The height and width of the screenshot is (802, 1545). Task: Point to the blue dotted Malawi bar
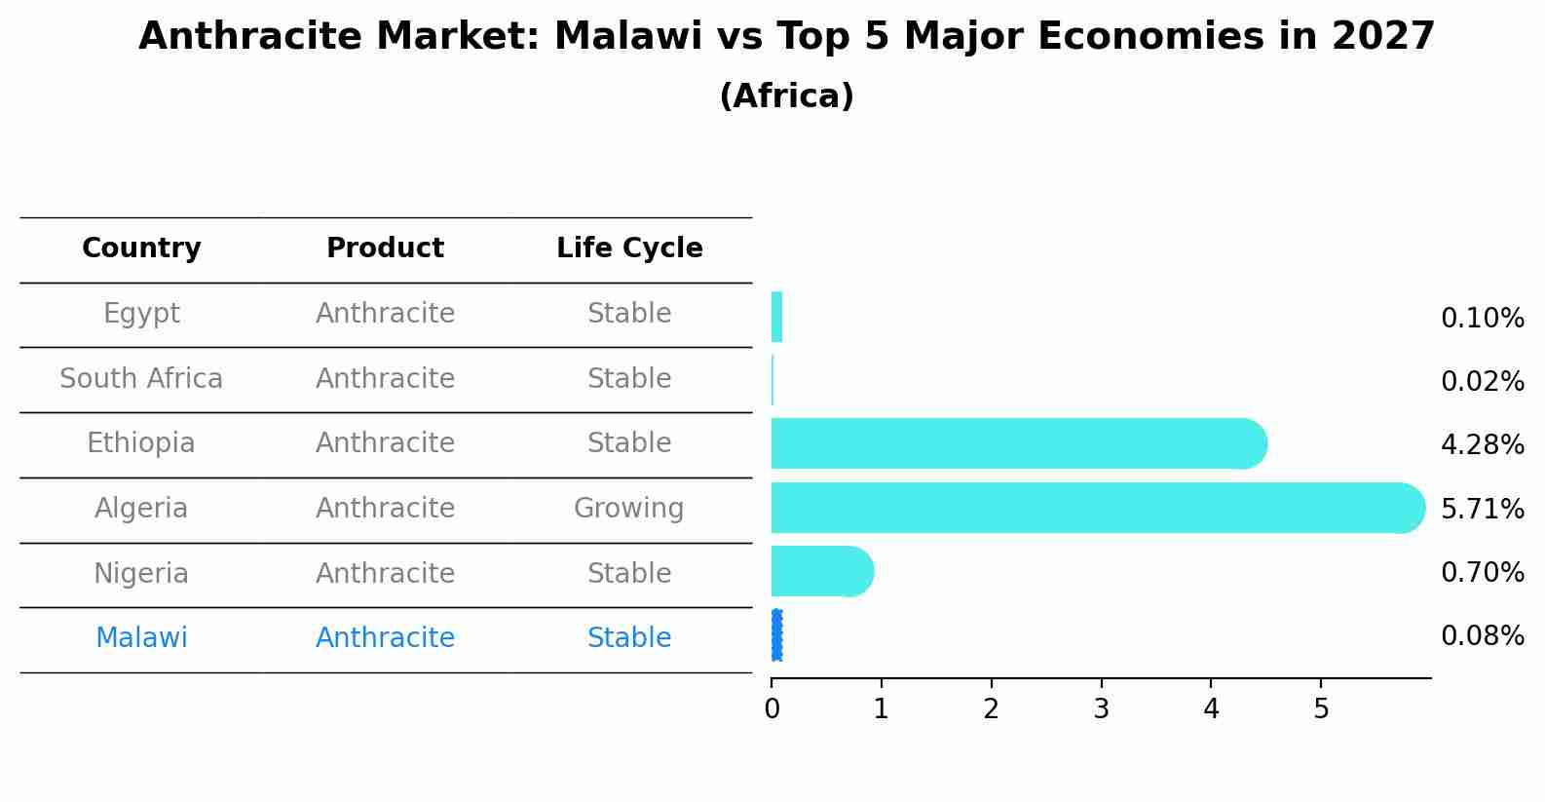click(x=776, y=635)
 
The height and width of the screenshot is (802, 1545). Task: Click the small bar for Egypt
click(x=776, y=317)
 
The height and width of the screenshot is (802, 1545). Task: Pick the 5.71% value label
click(x=1482, y=509)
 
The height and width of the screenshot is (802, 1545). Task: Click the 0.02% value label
click(x=1482, y=381)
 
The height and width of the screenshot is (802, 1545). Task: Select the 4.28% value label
click(x=1482, y=445)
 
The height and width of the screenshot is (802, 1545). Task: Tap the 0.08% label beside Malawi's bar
click(x=1482, y=636)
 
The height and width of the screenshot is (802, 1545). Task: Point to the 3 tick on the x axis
click(x=1101, y=709)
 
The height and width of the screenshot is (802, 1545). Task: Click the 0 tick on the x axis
click(x=772, y=709)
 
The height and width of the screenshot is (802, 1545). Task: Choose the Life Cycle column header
click(x=629, y=248)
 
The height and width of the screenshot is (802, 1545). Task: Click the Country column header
click(x=141, y=248)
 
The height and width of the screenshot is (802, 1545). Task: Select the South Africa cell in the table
click(x=141, y=378)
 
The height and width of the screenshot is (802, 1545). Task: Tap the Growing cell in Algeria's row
click(x=628, y=508)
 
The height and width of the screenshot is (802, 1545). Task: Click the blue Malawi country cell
click(x=141, y=638)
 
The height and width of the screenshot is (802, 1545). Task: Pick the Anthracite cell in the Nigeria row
click(x=385, y=573)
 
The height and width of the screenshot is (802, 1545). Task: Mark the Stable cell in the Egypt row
click(x=628, y=314)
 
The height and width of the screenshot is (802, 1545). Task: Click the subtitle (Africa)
click(x=786, y=96)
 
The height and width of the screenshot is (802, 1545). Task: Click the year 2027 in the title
click(x=1382, y=37)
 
